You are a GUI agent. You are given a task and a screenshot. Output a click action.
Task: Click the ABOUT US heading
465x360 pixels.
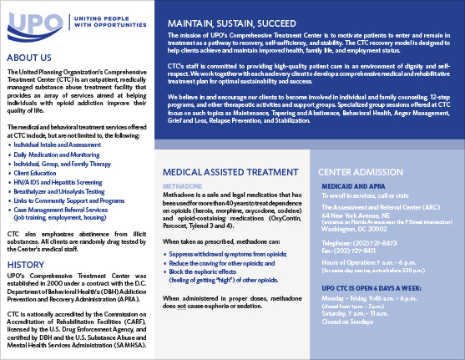pyautogui.click(x=33, y=58)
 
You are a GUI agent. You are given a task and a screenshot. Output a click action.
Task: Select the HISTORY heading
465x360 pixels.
pyautogui.click(x=28, y=264)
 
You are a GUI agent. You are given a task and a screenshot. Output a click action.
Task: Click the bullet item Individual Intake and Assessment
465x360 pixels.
pyautogui.click(x=57, y=145)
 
